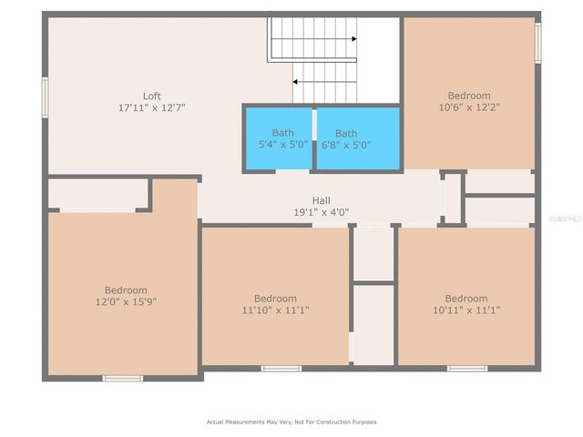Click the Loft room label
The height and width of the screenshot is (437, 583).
(152, 96)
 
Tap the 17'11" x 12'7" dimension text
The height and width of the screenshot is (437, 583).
(152, 107)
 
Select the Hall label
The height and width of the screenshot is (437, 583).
(322, 200)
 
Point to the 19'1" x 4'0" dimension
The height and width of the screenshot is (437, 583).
(322, 212)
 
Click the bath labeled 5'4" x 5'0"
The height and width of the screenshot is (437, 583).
(277, 138)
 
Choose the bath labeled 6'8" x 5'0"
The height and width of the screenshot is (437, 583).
(346, 138)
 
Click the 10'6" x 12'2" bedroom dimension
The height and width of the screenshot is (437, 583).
(469, 107)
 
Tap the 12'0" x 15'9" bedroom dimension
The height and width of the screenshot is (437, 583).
(123, 301)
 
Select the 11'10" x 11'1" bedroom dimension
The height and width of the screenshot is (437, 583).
(275, 310)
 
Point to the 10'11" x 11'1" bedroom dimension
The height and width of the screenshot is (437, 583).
(465, 310)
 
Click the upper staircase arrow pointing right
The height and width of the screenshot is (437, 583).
(353, 38)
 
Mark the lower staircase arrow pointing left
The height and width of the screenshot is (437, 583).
(299, 81)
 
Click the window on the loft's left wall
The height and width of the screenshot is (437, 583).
(45, 97)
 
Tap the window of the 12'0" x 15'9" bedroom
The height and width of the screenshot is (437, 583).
(122, 378)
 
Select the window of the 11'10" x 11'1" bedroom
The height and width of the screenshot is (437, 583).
(281, 368)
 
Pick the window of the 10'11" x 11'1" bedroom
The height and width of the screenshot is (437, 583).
(466, 368)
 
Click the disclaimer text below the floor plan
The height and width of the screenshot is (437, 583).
(291, 422)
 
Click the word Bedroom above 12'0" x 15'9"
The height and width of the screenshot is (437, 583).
(123, 290)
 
